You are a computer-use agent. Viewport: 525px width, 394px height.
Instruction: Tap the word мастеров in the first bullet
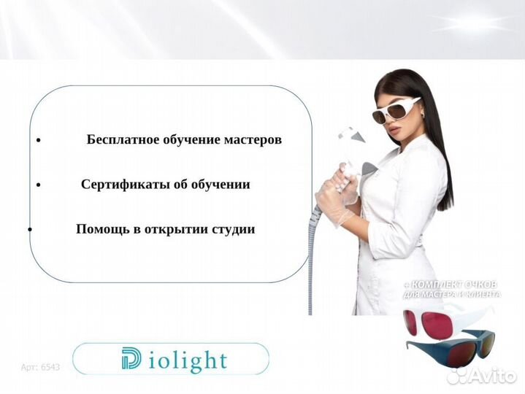tap(251, 139)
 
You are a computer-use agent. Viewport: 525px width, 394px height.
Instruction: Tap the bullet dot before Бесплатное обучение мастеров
tap(38, 141)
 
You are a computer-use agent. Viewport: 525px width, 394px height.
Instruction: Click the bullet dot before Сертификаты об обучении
tap(38, 185)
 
